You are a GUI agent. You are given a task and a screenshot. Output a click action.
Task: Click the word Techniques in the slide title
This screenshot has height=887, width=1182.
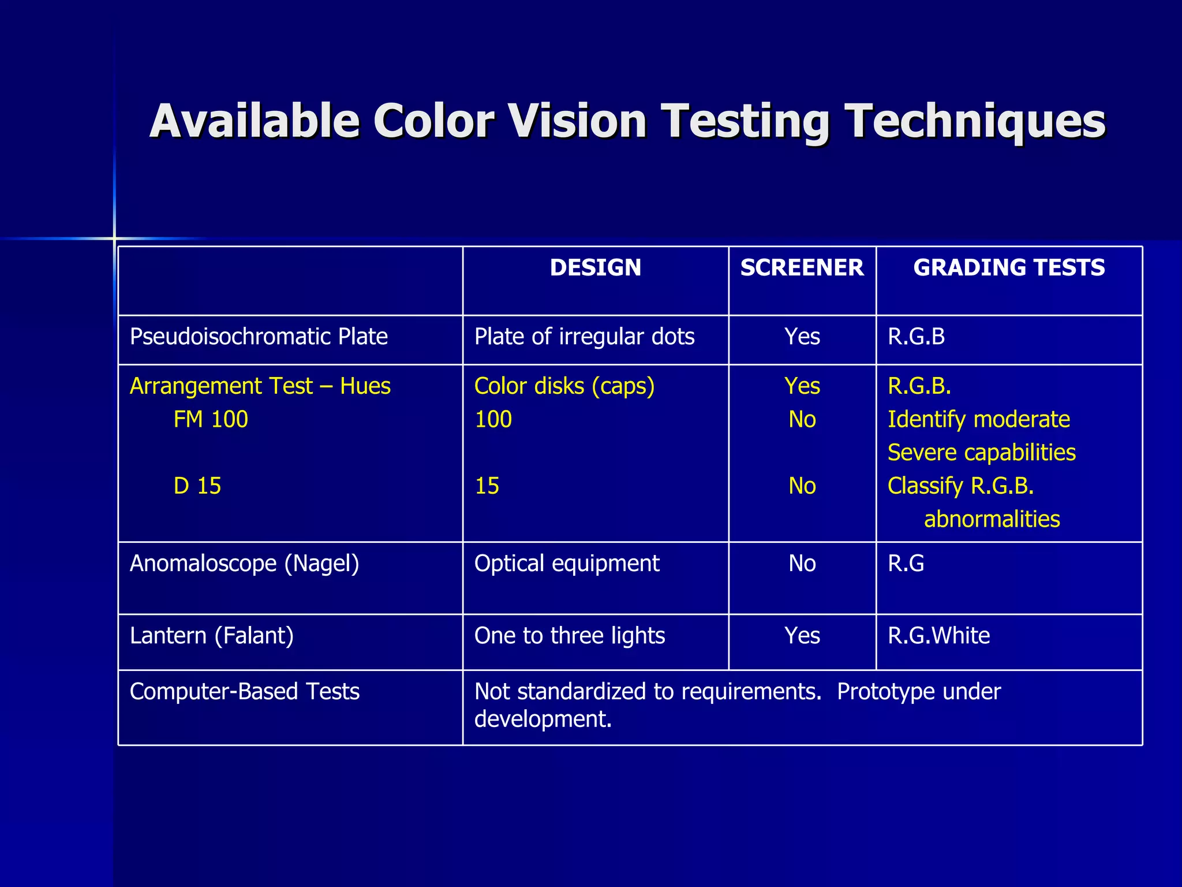click(975, 122)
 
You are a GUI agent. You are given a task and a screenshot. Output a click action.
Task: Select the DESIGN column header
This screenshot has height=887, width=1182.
click(595, 268)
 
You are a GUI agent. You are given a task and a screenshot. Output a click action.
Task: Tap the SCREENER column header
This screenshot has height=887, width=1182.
click(802, 268)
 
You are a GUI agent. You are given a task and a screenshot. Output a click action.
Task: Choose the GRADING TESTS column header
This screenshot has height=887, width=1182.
click(1009, 268)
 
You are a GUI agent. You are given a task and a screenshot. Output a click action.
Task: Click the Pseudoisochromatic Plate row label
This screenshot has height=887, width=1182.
click(259, 337)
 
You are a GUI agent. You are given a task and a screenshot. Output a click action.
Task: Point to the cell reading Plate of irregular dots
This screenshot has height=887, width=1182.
click(584, 337)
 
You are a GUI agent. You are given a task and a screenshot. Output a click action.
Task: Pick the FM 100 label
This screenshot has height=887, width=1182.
click(211, 419)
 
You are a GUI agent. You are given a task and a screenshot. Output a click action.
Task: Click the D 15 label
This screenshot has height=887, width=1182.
click(197, 486)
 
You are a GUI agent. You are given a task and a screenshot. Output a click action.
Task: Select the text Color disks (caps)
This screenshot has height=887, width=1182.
click(564, 386)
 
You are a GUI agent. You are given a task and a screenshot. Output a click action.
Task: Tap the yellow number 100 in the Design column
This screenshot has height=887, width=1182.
click(493, 419)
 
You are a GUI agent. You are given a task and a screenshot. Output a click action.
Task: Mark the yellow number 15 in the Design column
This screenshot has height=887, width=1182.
click(487, 486)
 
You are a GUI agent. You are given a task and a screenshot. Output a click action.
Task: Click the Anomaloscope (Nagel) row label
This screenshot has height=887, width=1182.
click(244, 563)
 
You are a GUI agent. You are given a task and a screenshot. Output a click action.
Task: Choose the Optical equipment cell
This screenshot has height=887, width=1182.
click(567, 563)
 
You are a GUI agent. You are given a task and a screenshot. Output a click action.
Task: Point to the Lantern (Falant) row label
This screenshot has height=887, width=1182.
click(212, 636)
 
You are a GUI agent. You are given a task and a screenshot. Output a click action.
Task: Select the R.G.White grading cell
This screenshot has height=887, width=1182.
click(938, 636)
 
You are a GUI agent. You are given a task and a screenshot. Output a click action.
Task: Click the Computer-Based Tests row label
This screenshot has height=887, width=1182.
click(245, 691)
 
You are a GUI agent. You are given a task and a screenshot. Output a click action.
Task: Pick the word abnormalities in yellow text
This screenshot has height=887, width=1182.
click(992, 519)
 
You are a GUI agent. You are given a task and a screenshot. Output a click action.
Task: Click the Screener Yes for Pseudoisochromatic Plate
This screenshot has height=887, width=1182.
click(802, 337)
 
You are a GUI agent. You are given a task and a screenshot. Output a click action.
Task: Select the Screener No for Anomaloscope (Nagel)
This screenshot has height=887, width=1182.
click(802, 563)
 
